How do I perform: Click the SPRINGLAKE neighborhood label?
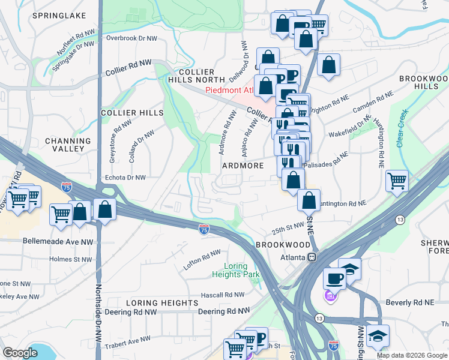pos(59,15)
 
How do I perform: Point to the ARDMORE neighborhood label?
pos(244,165)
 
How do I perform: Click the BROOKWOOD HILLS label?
pos(424,82)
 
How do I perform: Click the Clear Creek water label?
pos(402,128)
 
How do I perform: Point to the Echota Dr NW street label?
pos(125,178)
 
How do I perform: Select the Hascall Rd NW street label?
pos(223,295)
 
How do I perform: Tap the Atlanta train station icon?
pos(312,257)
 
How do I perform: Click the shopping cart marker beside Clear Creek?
pos(397,179)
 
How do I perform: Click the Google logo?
pos(20,353)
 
